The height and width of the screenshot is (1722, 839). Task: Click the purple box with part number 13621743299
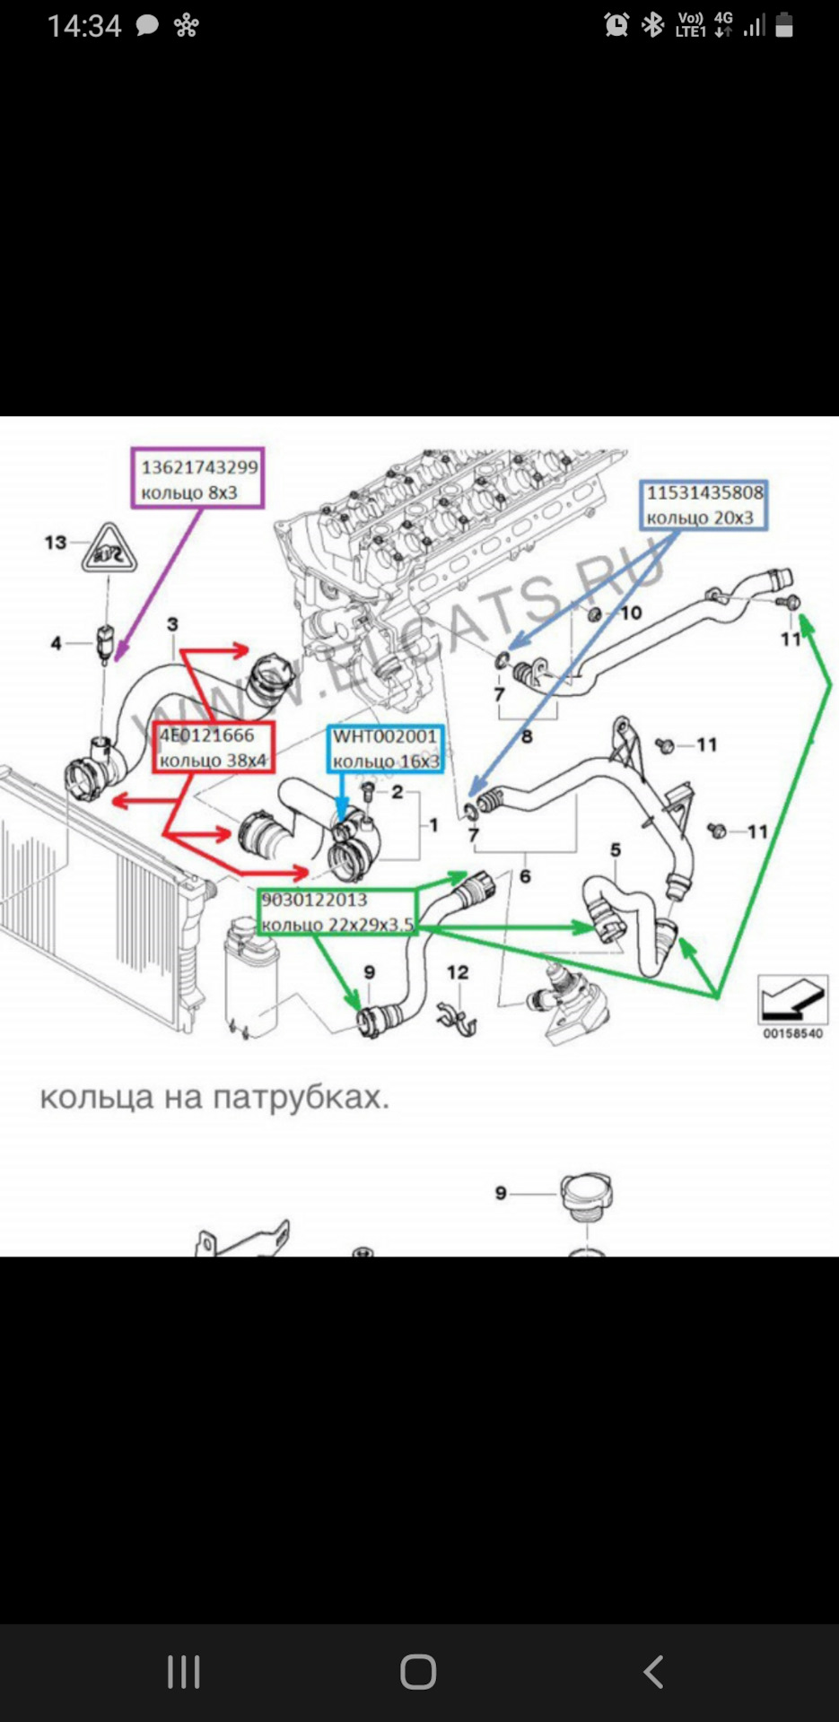click(197, 478)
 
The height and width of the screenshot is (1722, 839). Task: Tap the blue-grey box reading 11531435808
click(704, 504)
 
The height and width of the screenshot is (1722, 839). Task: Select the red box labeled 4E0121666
click(213, 747)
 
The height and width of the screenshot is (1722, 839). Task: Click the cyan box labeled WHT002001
click(386, 748)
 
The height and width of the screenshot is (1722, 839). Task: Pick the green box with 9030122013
click(337, 911)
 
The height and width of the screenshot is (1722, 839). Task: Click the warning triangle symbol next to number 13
click(108, 550)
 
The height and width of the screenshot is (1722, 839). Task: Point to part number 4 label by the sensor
click(57, 643)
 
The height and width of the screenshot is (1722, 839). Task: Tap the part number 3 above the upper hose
click(172, 623)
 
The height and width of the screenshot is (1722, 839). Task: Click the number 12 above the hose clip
click(458, 972)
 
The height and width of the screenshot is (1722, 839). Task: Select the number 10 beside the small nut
click(631, 613)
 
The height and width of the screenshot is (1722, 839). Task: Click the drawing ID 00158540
click(792, 1033)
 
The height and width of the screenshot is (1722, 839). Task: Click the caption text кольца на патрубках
click(215, 1097)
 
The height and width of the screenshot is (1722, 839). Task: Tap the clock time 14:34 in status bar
click(83, 26)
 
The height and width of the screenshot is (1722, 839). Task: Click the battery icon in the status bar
click(784, 25)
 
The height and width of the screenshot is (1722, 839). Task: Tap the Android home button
click(418, 1672)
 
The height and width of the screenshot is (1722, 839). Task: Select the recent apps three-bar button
click(184, 1672)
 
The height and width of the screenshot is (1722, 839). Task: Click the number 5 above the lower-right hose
click(616, 849)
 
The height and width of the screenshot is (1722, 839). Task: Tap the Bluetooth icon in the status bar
click(652, 25)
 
